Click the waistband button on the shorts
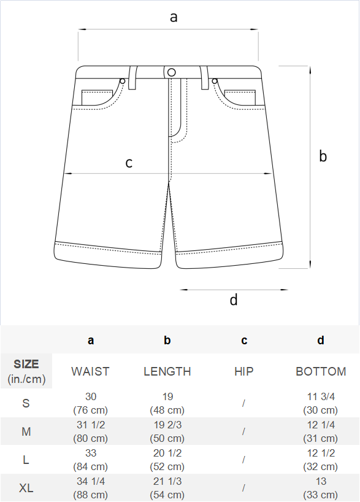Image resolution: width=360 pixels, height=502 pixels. [172, 72]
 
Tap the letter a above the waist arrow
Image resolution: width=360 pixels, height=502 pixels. [174, 17]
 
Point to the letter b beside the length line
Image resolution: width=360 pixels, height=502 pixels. [323, 156]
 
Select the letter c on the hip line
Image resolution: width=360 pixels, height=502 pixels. [129, 163]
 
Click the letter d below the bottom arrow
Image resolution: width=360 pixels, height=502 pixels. [234, 299]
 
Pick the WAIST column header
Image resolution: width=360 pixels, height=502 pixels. [91, 371]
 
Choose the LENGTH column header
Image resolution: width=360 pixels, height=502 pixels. [167, 371]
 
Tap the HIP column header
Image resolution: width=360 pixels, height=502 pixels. [244, 371]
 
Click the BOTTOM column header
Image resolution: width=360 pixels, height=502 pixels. [321, 371]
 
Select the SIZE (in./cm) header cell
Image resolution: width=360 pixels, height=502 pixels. [26, 371]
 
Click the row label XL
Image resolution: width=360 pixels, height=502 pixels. [26, 488]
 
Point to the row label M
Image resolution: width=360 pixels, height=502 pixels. [26, 431]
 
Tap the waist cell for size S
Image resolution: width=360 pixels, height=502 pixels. [91, 403]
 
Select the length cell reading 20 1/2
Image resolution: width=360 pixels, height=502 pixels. [167, 460]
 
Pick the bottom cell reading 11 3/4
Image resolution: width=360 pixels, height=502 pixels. [321, 403]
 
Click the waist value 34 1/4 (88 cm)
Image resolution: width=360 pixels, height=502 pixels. [91, 488]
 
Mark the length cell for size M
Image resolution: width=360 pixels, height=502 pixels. [167, 431]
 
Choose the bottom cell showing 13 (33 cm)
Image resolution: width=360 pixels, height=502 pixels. [321, 488]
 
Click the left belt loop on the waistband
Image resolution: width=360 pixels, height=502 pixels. [133, 77]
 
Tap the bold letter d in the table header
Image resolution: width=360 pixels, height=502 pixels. [321, 340]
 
